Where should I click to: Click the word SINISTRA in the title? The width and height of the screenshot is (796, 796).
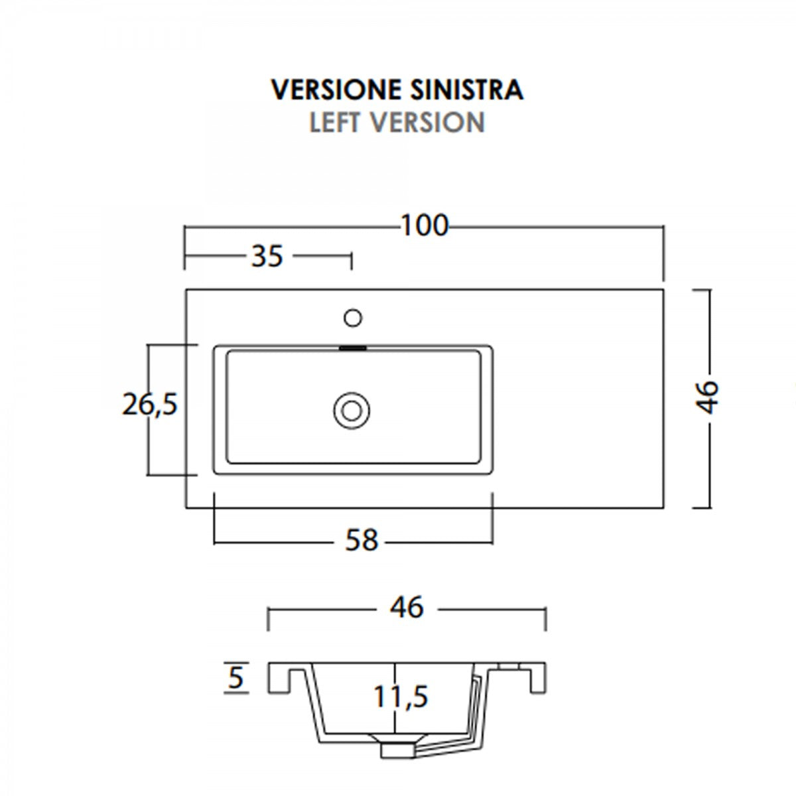467,90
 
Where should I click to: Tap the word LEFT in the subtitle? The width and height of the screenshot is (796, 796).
334,122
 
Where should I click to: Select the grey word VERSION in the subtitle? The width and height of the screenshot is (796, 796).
427,122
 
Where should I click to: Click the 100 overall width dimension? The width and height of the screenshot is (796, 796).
425,226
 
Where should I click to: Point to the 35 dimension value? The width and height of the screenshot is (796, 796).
267,256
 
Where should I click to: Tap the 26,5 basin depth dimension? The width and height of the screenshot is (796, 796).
150,404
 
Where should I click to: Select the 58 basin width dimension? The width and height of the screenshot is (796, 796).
362,540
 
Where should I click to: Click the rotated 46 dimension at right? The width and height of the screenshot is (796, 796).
707,397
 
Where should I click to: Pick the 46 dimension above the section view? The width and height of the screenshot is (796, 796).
407,607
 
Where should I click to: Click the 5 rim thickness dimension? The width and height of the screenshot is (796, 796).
235,678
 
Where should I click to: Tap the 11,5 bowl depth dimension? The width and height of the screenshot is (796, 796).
401,696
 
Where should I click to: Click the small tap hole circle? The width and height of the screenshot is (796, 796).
353,318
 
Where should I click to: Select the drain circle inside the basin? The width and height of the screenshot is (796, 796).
352,411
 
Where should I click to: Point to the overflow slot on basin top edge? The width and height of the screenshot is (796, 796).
353,348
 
